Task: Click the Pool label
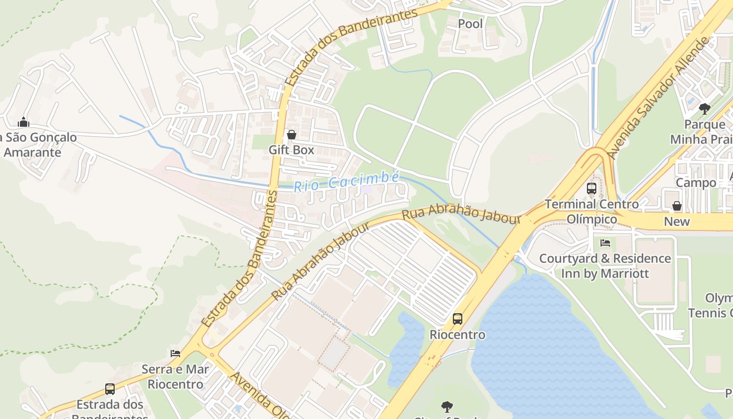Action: pyautogui.click(x=470, y=24)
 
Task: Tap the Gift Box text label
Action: pyautogui.click(x=291, y=150)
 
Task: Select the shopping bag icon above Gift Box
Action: pyautogui.click(x=292, y=135)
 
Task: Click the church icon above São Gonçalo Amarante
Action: pyautogui.click(x=24, y=123)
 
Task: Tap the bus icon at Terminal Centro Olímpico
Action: pyautogui.click(x=592, y=189)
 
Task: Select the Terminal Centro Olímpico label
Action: pyautogui.click(x=592, y=211)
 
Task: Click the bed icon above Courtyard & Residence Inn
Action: pyautogui.click(x=605, y=243)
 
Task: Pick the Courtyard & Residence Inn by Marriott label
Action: pyautogui.click(x=605, y=266)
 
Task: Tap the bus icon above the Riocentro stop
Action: pyautogui.click(x=457, y=318)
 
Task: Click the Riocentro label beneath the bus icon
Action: pyautogui.click(x=457, y=334)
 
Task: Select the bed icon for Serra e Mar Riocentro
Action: pyautogui.click(x=175, y=354)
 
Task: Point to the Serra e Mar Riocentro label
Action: pyautogui.click(x=175, y=377)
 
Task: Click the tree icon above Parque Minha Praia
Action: pyautogui.click(x=705, y=109)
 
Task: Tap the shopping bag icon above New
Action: pyautogui.click(x=677, y=206)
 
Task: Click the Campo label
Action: pyautogui.click(x=696, y=183)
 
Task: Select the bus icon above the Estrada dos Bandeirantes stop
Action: pyautogui.click(x=110, y=389)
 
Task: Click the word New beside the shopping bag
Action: pyautogui.click(x=677, y=222)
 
